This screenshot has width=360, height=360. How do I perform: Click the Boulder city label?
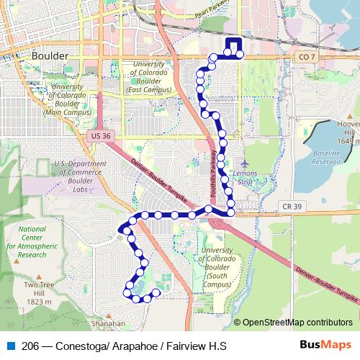(x=50, y=55)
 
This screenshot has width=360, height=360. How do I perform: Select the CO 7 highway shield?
(x=305, y=55)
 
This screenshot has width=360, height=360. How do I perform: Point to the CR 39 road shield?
(x=287, y=207)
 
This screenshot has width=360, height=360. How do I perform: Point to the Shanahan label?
(x=110, y=323)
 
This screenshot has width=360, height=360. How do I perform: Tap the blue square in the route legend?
(x=10, y=346)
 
